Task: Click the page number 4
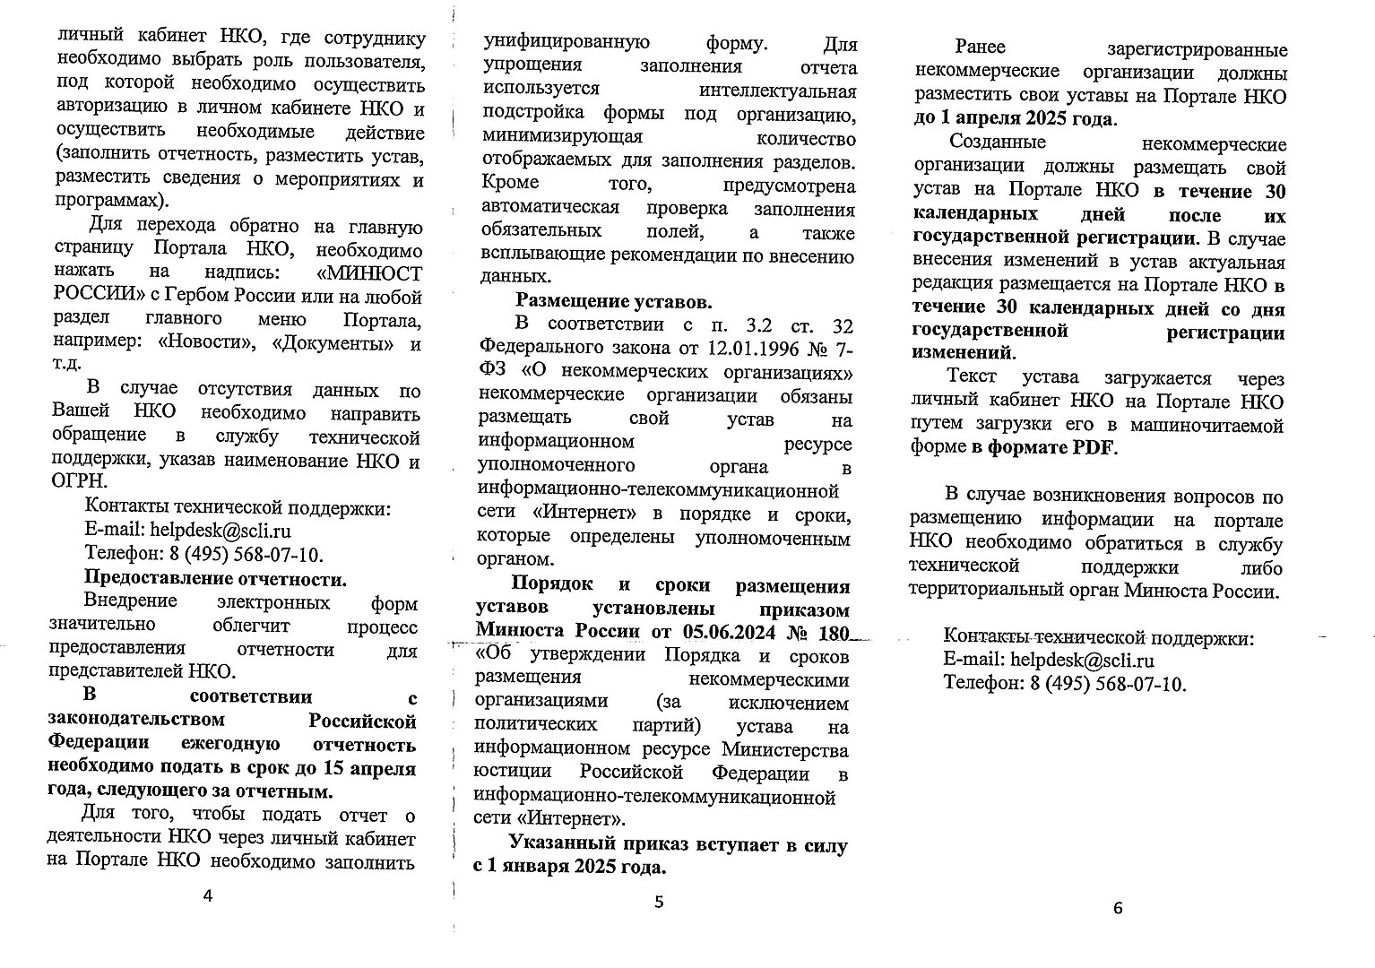(x=209, y=896)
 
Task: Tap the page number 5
(x=659, y=902)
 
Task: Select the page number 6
(x=1117, y=908)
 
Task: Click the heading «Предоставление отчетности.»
(x=215, y=578)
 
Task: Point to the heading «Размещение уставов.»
(x=614, y=300)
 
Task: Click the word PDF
(x=1094, y=448)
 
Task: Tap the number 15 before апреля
(x=328, y=768)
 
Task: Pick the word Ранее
(x=980, y=47)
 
